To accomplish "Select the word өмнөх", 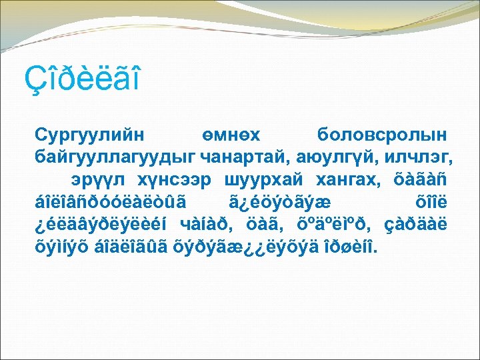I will point(233,135).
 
